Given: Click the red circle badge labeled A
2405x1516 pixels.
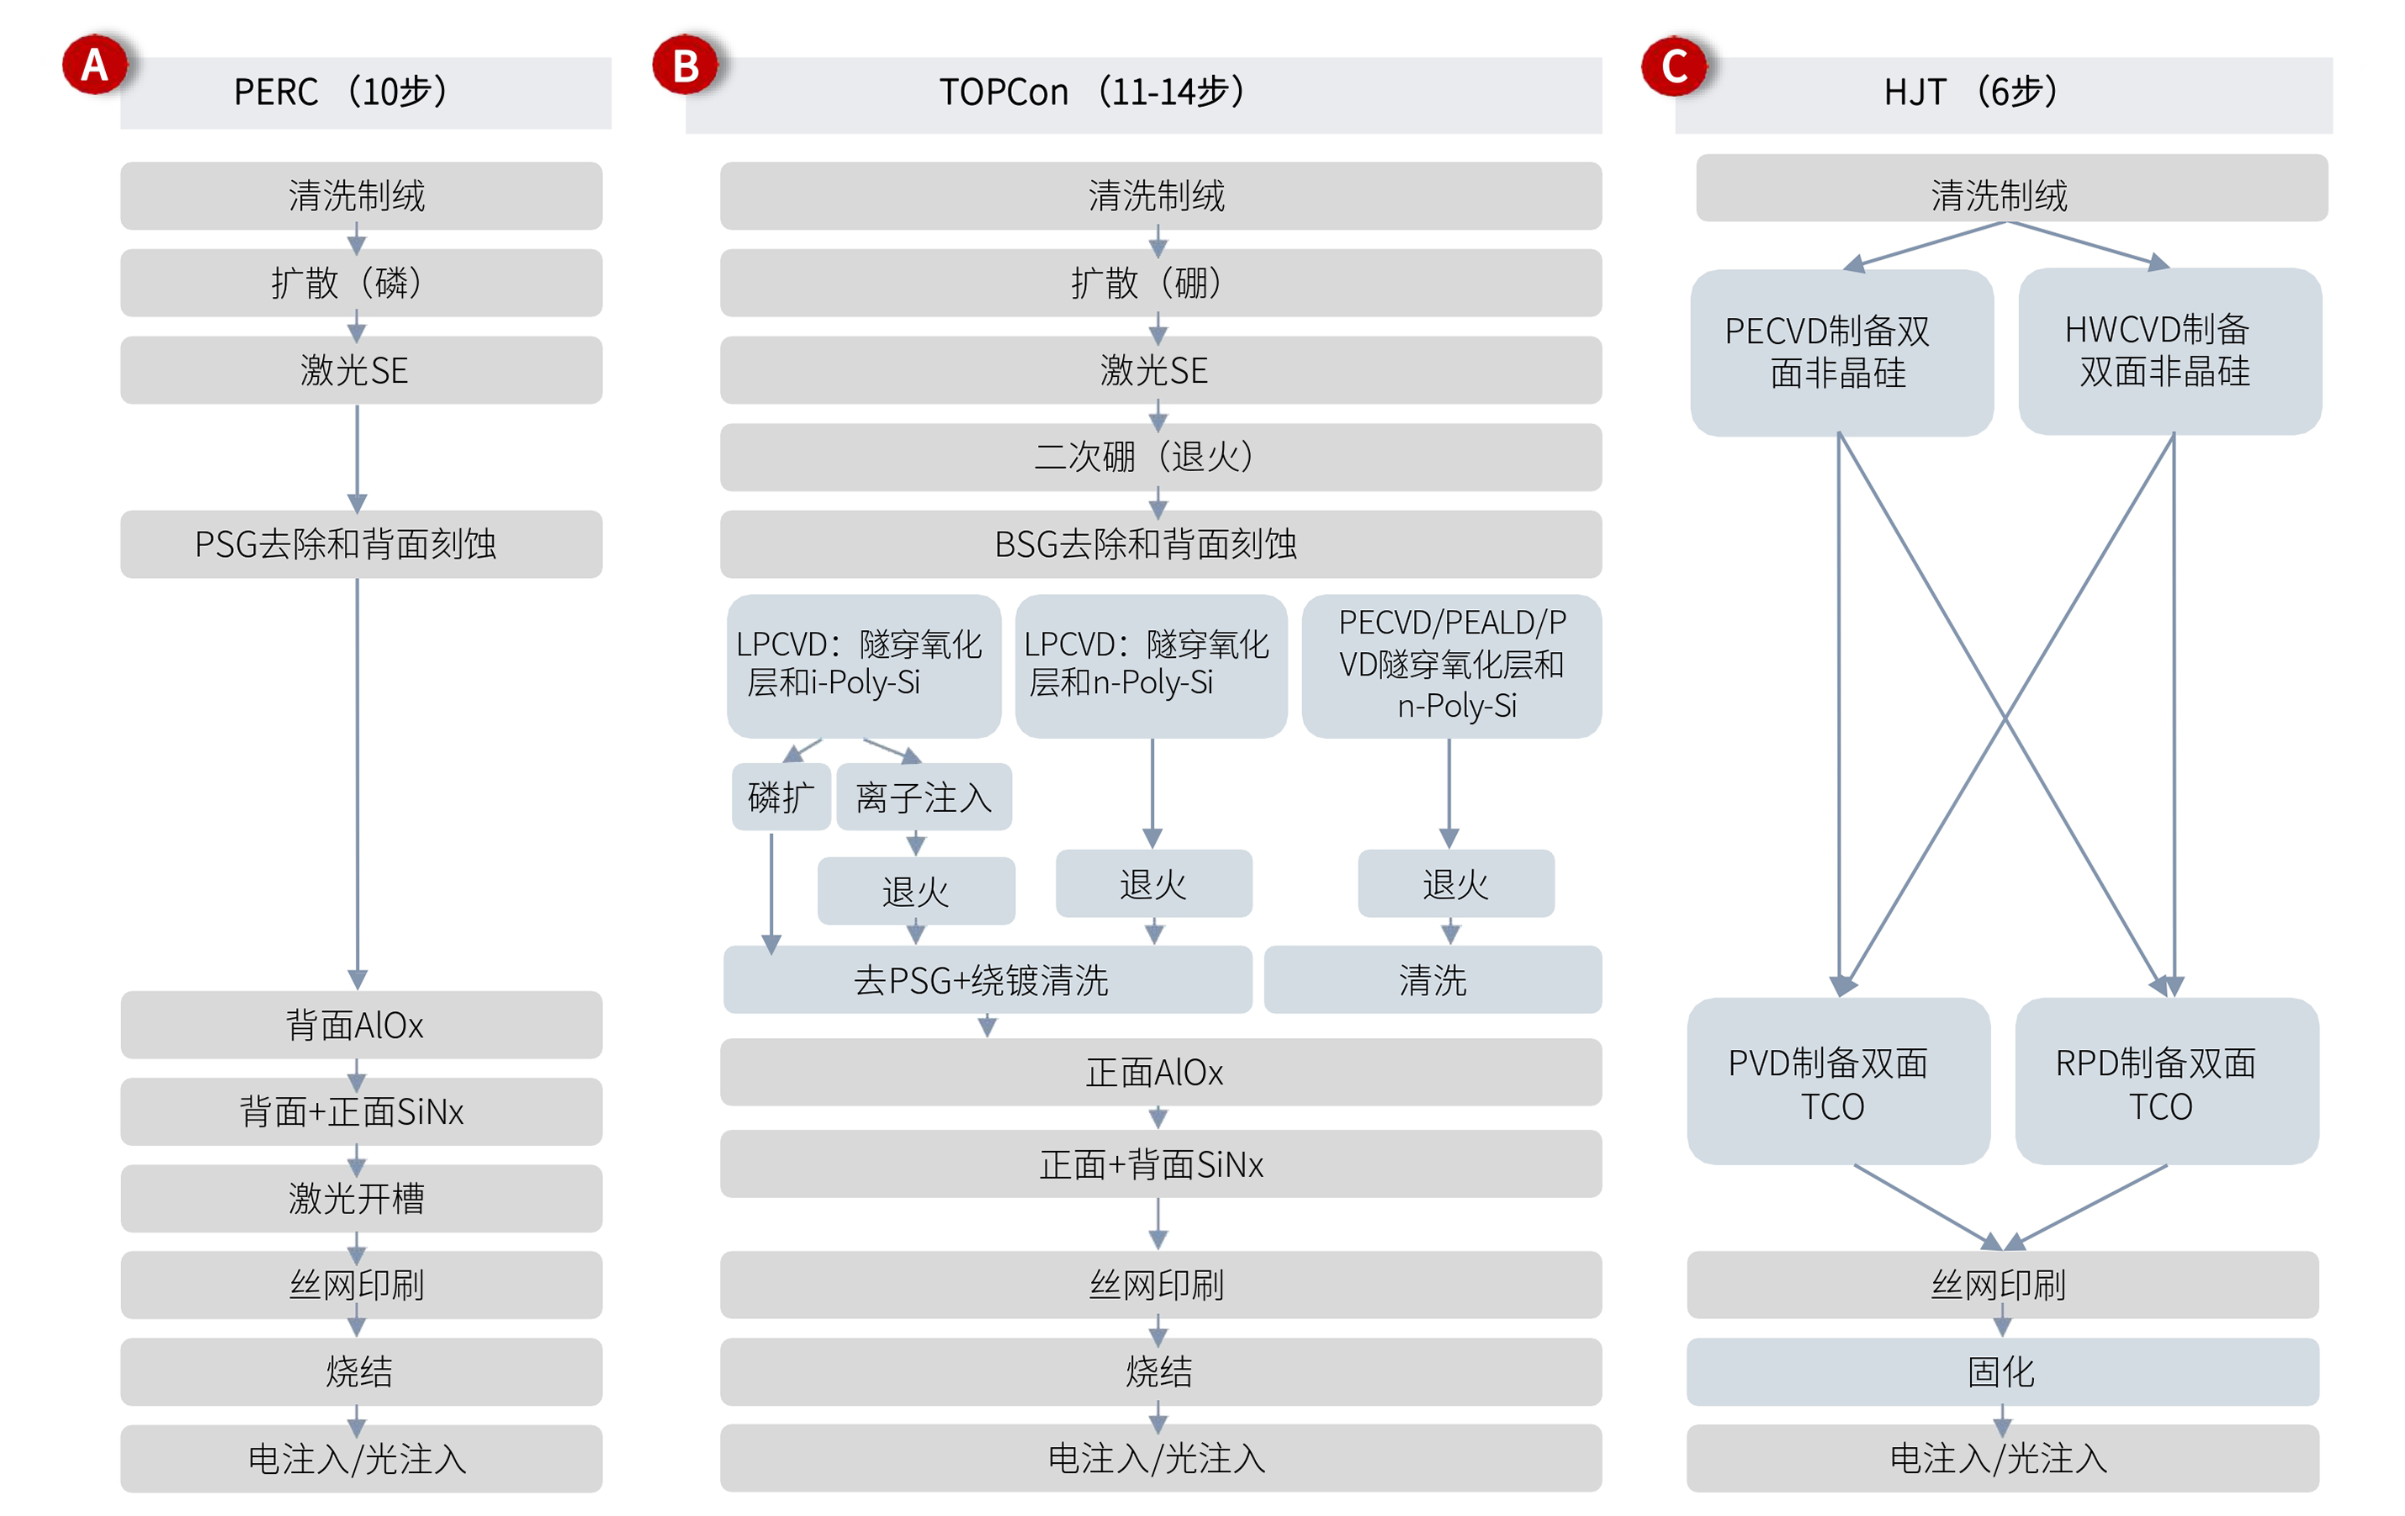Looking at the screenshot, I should click(x=95, y=66).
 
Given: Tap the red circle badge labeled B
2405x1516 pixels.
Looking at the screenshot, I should click(x=685, y=66).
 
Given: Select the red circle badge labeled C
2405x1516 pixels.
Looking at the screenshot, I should click(x=1675, y=66).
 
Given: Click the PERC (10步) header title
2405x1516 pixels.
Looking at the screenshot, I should click(x=340, y=92).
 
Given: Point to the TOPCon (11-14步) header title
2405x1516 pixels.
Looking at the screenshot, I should click(x=1092, y=92).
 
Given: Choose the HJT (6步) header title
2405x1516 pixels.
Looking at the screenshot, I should click(x=1971, y=92).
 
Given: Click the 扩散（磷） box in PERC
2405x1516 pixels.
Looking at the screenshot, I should click(x=361, y=283).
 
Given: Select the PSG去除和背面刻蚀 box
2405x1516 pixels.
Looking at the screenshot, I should click(x=361, y=544).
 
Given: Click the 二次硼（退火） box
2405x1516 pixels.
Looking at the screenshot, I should click(x=1159, y=458).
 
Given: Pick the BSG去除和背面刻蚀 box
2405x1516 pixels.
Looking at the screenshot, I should click(x=1159, y=544).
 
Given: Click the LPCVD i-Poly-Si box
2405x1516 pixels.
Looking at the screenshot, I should click(x=863, y=665).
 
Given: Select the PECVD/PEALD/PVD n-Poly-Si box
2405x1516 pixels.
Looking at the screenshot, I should click(x=1451, y=665).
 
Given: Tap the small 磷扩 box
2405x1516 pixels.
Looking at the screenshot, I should click(x=781, y=797).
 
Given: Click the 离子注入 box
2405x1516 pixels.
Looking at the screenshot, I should click(x=924, y=797).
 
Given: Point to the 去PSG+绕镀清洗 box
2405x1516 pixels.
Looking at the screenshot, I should click(x=987, y=980).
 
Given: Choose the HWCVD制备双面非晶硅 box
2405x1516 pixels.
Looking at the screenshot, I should click(x=2169, y=351).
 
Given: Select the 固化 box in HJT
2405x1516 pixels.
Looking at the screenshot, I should click(x=2003, y=1371).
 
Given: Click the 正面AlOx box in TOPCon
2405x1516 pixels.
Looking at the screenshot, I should click(x=1159, y=1072).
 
